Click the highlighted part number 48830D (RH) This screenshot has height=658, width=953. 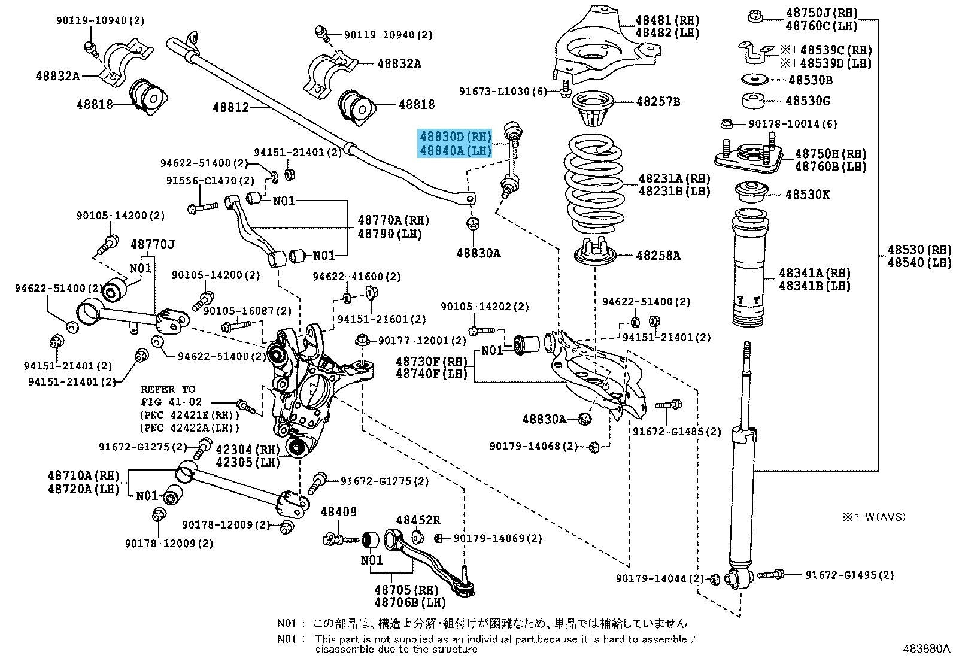tap(454, 137)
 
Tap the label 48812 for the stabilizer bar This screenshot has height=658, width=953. tap(230, 108)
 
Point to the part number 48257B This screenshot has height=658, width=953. tap(658, 102)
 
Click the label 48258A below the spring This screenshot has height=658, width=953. tap(658, 256)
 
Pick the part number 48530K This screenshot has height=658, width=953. tap(808, 195)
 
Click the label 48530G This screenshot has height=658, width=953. tap(809, 101)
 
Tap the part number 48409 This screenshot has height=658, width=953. tap(338, 512)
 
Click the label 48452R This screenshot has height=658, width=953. tap(418, 520)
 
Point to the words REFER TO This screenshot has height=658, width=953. tap(168, 389)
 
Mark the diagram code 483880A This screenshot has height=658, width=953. tap(927, 648)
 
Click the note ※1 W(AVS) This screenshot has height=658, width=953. tap(874, 517)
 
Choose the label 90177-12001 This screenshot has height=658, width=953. tap(421, 341)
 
